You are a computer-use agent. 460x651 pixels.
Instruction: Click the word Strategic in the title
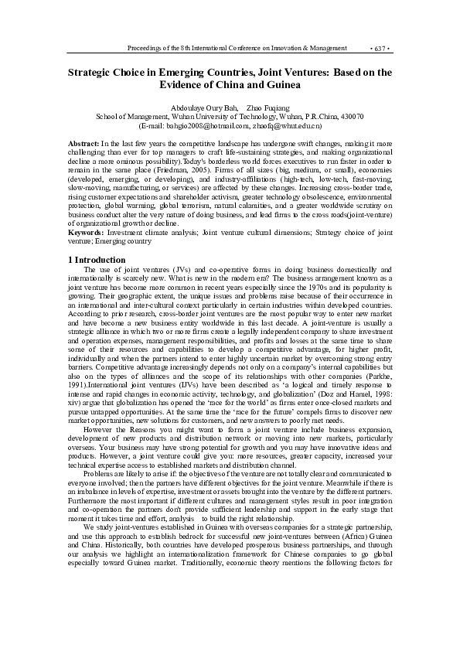pyautogui.click(x=89, y=72)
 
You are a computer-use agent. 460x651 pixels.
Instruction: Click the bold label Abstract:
pyautogui.click(x=83, y=145)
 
